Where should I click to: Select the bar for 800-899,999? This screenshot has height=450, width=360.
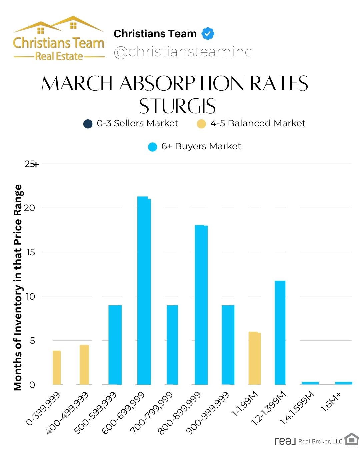pos(201,305)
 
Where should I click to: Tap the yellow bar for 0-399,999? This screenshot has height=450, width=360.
pos(57,368)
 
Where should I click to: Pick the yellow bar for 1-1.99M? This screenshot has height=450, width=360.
pos(254,358)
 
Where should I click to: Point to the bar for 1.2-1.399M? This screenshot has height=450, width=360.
pos(280,333)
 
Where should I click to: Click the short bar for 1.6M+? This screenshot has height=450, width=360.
pos(343,383)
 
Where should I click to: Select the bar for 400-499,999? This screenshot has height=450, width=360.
pos(84,365)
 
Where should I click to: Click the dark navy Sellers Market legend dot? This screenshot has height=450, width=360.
pos(88,124)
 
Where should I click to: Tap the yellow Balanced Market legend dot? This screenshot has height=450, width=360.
pos(201,124)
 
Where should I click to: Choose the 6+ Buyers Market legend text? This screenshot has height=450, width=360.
pos(201,146)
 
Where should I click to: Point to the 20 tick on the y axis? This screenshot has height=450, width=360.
pos(30,208)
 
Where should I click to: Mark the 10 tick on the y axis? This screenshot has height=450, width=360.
pos(30,296)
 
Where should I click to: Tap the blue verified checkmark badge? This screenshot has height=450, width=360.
pos(208,34)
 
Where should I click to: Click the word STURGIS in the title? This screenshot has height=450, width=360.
pos(177,106)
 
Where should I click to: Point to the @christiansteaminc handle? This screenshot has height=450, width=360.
pos(183,52)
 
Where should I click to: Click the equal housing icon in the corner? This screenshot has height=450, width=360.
pos(351,439)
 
